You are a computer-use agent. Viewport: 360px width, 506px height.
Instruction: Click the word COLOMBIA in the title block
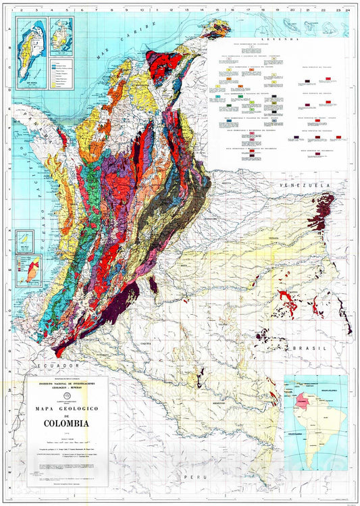coord(65,424)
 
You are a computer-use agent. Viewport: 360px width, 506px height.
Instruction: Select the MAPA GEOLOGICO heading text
coord(65,407)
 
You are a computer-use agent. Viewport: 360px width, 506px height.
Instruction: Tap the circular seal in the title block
coord(65,397)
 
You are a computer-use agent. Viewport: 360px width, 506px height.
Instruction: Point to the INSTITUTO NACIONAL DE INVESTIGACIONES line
coord(65,383)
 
